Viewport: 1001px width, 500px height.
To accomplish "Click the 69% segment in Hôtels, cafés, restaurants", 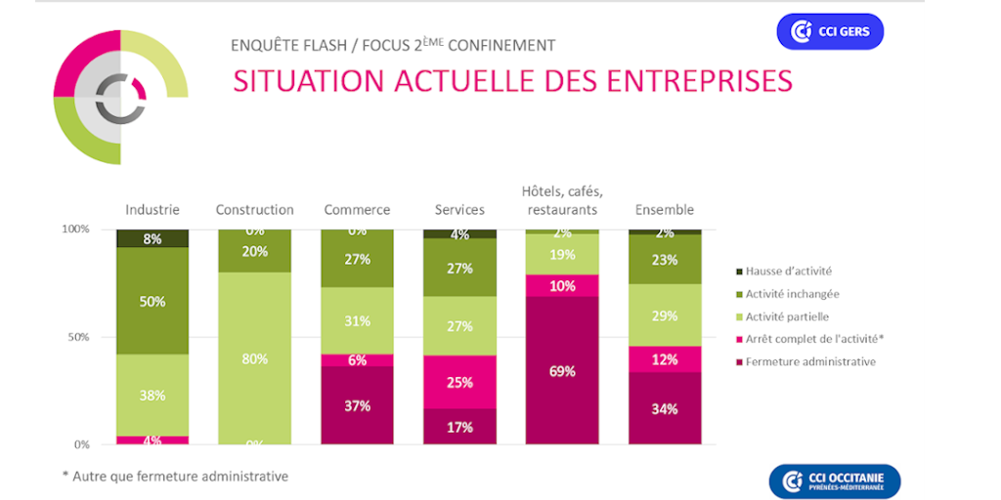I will (561, 371).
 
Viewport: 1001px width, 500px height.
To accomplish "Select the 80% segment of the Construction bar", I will (254, 357).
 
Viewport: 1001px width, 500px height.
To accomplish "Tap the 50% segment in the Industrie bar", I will (152, 301).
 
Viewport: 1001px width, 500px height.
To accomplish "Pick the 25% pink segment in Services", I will (459, 381).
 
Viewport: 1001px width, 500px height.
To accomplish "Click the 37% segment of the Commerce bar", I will (357, 405).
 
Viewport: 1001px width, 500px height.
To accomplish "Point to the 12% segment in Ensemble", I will (664, 359).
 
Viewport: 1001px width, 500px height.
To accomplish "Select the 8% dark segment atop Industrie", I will (152, 238).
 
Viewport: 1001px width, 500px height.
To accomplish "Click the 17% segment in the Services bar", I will (459, 426).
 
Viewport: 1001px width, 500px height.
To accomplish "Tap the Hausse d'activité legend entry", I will (789, 271).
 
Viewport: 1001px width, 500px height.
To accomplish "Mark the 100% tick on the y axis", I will (75, 229).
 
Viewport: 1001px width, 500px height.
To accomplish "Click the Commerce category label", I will (357, 210).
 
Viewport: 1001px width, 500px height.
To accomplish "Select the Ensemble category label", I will (664, 210).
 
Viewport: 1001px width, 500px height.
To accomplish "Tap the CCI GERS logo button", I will (830, 32).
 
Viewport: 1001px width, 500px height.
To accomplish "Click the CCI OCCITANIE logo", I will (834, 481).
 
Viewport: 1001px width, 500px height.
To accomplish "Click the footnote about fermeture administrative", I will (175, 477).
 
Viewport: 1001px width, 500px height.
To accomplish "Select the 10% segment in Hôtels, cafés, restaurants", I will (561, 285).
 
